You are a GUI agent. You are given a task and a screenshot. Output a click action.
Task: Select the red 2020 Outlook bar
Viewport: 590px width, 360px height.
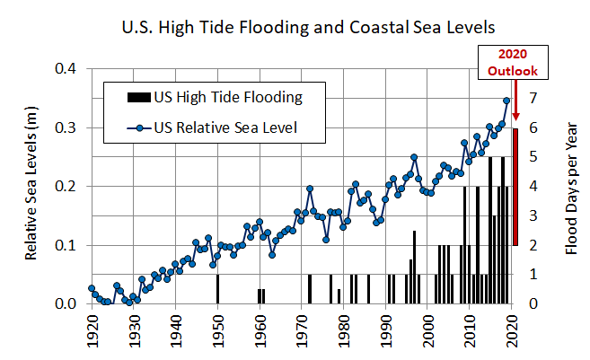point(515,186)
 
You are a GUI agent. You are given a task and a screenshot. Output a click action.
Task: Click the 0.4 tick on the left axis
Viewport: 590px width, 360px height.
point(67,69)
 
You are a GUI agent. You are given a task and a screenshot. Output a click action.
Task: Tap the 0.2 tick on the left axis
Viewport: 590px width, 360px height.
point(67,186)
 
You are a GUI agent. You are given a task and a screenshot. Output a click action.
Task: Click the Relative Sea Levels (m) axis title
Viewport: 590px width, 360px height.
point(31,186)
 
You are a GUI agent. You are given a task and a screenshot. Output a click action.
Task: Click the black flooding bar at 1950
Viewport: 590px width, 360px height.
point(217,289)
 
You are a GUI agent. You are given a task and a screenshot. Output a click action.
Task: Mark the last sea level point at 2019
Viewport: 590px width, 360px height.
point(506,101)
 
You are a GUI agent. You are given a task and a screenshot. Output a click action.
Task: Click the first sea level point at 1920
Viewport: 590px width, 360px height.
point(91,288)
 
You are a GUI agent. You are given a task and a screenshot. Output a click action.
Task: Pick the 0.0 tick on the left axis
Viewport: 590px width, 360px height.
point(67,303)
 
